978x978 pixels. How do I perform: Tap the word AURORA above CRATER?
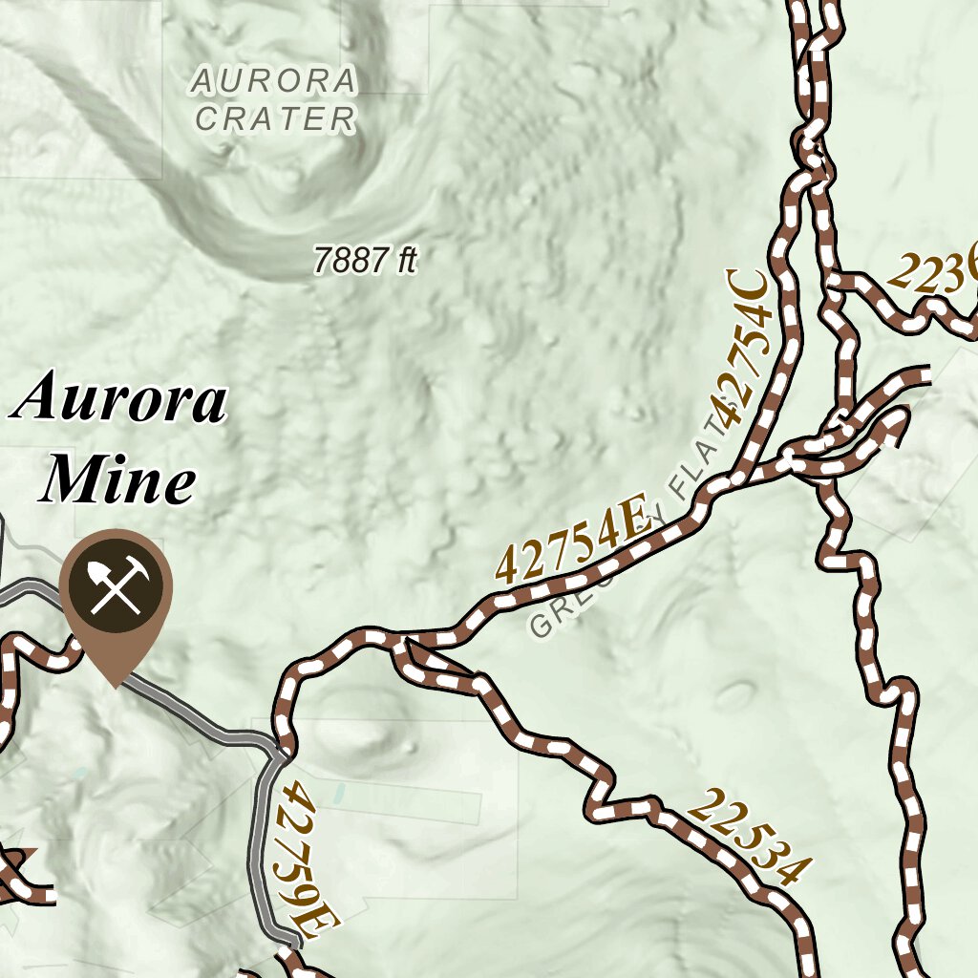(274, 81)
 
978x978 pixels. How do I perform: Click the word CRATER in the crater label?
(275, 119)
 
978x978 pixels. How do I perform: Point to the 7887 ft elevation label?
(366, 260)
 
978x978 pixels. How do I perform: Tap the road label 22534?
(750, 836)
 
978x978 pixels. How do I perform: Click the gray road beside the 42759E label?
(259, 840)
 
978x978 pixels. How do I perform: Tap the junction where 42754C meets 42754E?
(735, 477)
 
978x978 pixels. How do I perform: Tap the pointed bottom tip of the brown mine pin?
(116, 686)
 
